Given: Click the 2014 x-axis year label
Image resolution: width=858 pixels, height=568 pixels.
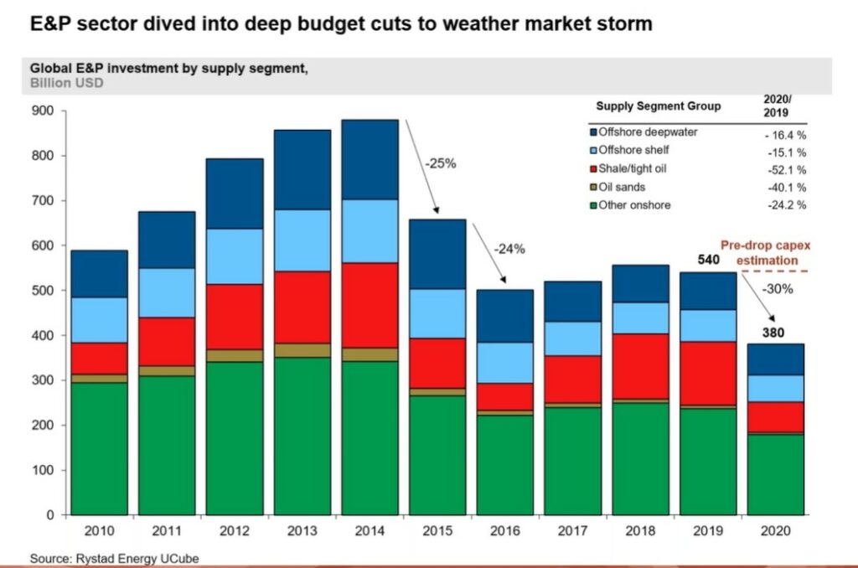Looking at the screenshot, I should coord(370,531).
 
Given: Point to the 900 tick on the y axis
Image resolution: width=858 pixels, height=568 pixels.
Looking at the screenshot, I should coord(42,111).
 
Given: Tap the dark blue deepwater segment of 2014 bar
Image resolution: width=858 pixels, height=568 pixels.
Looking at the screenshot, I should coord(370,159).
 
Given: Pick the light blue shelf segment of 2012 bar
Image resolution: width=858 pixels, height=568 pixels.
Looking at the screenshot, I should coord(234,256).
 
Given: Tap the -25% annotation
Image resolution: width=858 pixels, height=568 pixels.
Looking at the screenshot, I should coord(441,163).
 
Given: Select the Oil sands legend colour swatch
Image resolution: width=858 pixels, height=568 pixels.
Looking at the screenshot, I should coord(593,187).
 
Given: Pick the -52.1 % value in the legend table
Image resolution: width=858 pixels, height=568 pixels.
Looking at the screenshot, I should coord(786,170).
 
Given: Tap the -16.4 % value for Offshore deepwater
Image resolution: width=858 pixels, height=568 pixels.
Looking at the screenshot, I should coord(786,134).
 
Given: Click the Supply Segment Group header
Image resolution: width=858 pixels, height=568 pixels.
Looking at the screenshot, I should coord(658,106).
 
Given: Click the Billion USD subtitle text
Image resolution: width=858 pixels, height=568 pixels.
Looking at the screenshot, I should coord(67,84).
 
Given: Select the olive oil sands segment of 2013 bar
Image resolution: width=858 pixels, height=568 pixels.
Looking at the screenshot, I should coord(302,350).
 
